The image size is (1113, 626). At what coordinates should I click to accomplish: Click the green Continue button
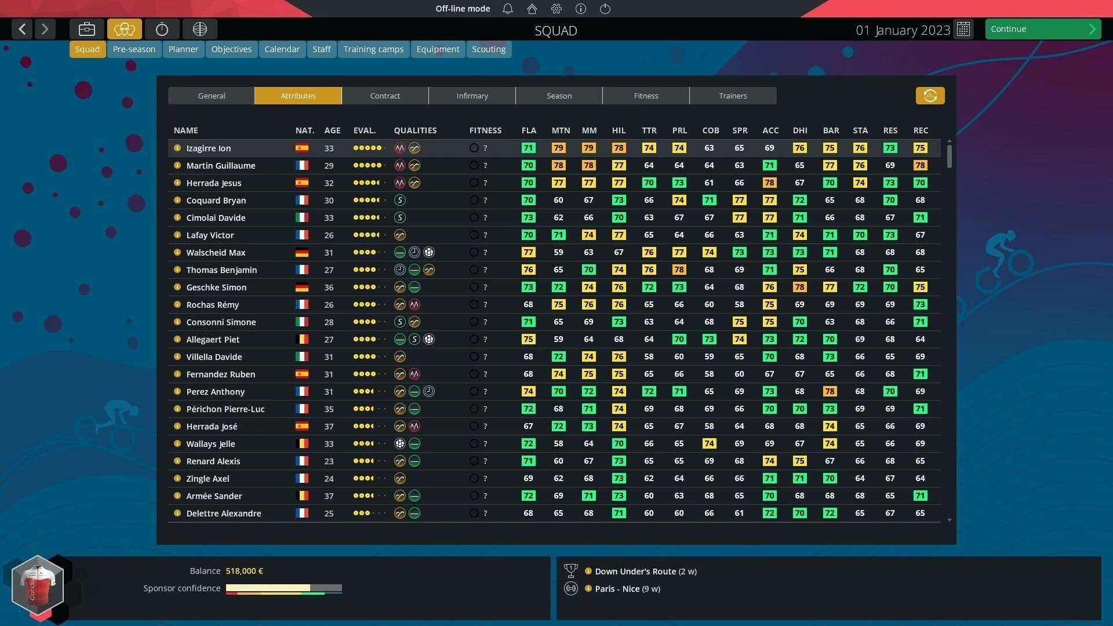click(x=1042, y=29)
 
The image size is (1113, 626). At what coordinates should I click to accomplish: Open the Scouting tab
click(x=488, y=49)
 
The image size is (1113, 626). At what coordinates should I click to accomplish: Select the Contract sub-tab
click(x=385, y=96)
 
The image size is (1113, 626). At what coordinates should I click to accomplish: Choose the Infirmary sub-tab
click(x=472, y=96)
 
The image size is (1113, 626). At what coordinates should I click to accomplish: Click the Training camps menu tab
click(x=373, y=49)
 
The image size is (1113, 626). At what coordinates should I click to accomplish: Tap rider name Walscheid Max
click(x=216, y=253)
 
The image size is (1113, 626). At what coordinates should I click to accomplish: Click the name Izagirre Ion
click(x=208, y=148)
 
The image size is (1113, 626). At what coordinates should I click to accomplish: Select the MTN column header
click(x=560, y=130)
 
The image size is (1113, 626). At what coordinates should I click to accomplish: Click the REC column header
click(x=920, y=130)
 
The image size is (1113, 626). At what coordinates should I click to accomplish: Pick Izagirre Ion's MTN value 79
click(x=558, y=148)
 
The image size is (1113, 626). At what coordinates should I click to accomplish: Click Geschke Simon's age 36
click(x=329, y=287)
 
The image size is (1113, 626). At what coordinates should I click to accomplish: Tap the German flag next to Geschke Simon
click(x=301, y=287)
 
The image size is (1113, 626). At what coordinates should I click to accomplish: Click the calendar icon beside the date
click(x=963, y=30)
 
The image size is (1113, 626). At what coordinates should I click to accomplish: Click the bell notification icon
click(x=508, y=9)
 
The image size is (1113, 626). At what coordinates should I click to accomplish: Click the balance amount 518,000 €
click(x=244, y=571)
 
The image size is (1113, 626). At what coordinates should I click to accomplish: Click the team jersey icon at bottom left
click(x=38, y=585)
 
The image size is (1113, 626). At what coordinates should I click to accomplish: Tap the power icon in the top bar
click(x=605, y=9)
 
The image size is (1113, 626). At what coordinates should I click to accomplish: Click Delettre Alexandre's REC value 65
click(x=920, y=514)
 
